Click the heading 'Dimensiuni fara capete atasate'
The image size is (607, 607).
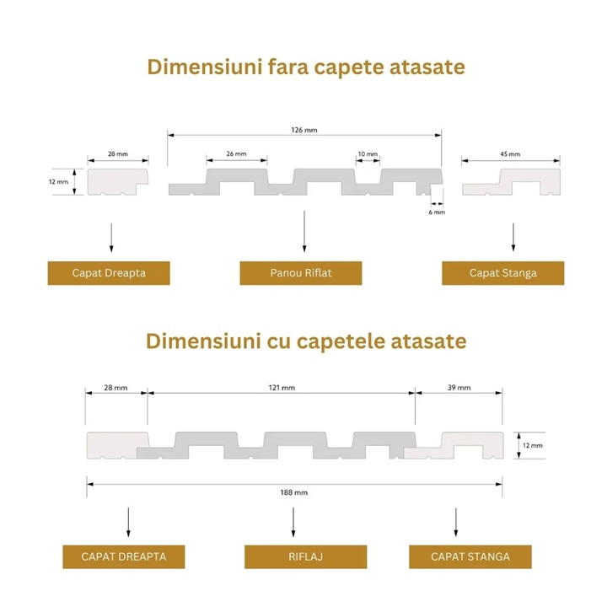pyautogui.click(x=305, y=67)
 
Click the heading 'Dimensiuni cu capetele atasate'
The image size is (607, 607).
pyautogui.click(x=305, y=341)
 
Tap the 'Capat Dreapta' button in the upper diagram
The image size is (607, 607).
pyautogui.click(x=109, y=273)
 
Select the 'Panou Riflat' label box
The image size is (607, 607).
pyautogui.click(x=301, y=273)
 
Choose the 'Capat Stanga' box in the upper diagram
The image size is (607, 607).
pyautogui.click(x=502, y=273)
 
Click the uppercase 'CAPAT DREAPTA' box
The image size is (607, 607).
pyautogui.click(x=123, y=556)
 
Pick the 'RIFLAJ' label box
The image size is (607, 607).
pyautogui.click(x=305, y=556)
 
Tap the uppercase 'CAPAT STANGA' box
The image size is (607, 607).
pyautogui.click(x=470, y=556)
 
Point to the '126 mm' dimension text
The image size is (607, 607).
pyautogui.click(x=304, y=131)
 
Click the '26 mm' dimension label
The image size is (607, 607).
pyautogui.click(x=236, y=154)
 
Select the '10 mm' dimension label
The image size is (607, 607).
pyautogui.click(x=367, y=154)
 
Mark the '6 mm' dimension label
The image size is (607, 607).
pyautogui.click(x=436, y=212)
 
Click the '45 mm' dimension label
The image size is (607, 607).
pyautogui.click(x=510, y=154)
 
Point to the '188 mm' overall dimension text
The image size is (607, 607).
pyautogui.click(x=295, y=492)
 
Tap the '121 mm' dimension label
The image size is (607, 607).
pyautogui.click(x=282, y=387)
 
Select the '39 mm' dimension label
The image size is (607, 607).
pyautogui.click(x=459, y=387)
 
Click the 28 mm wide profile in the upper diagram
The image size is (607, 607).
pyautogui.click(x=118, y=180)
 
